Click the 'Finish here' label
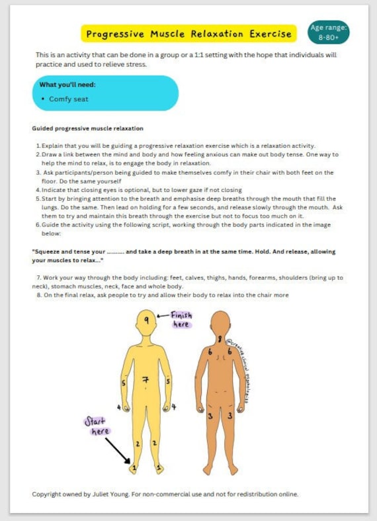point(181,320)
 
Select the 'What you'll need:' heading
point(67,85)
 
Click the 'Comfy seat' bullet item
point(68,99)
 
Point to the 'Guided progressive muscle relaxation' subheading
point(87,128)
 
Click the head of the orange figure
point(220,322)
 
